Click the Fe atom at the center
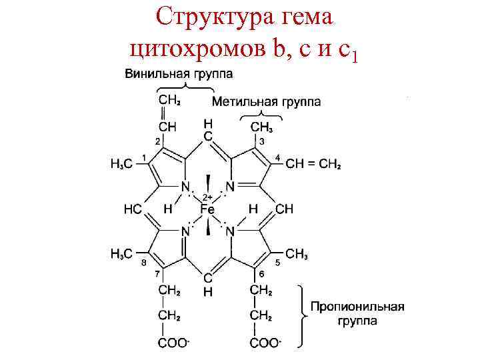pos(208,209)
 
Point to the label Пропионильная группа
pos(357,314)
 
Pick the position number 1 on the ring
pos(145,156)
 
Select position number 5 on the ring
pos(277,263)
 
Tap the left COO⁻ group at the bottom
pos(173,343)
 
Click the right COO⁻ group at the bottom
pos(265,343)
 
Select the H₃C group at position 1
pos(123,164)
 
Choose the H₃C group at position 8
pos(123,254)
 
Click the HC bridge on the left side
pos(132,209)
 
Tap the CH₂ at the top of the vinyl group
pos(169,101)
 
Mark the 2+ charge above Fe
pos(207,197)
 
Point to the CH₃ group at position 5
pos(297,254)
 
